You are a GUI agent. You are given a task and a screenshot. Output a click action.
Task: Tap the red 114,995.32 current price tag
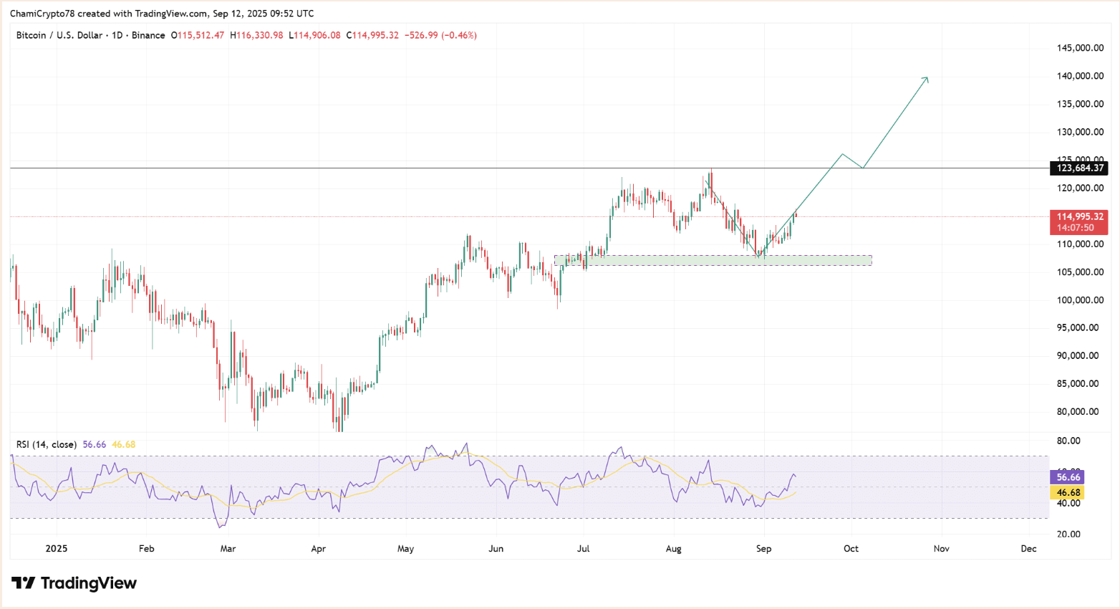(x=1080, y=216)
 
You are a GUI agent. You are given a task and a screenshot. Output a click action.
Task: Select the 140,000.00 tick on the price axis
(x=1080, y=76)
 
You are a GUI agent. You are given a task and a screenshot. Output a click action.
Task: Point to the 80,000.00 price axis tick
(x=1078, y=412)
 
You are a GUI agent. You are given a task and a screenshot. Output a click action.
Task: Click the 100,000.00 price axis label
(x=1080, y=300)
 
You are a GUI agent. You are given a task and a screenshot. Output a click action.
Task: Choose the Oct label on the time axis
(x=851, y=549)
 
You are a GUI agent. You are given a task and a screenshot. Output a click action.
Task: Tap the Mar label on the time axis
(x=228, y=549)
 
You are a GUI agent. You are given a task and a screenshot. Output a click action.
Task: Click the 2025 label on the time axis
(x=56, y=549)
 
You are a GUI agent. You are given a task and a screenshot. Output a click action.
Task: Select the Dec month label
(x=1028, y=549)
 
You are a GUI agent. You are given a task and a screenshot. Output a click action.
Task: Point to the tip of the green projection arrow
(x=928, y=77)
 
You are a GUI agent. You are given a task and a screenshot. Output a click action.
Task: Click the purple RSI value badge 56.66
(x=1068, y=477)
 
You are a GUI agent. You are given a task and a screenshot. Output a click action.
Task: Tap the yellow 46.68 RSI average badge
(x=1068, y=493)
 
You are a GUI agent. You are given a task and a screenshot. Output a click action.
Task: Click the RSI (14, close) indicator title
(x=46, y=445)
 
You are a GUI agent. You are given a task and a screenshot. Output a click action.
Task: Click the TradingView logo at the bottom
(x=74, y=583)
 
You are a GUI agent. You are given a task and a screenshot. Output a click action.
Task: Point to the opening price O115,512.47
(x=198, y=35)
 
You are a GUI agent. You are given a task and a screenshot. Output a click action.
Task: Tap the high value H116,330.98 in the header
(x=256, y=35)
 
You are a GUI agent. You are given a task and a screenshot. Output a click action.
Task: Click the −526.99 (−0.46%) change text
(x=440, y=35)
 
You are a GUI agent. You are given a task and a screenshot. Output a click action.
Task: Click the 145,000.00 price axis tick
(x=1080, y=48)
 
